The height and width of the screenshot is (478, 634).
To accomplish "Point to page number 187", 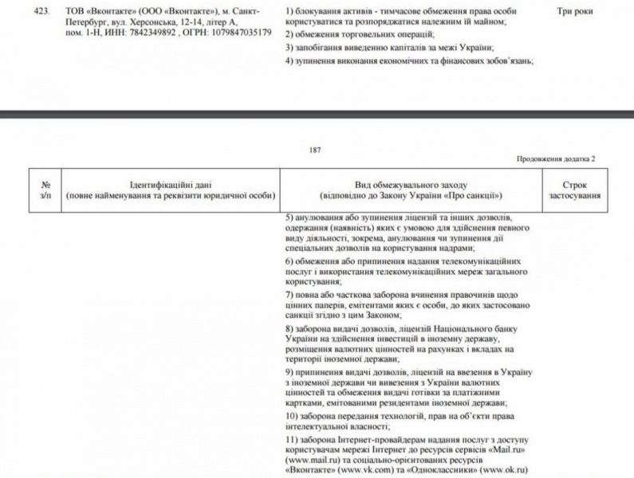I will tap(317, 149).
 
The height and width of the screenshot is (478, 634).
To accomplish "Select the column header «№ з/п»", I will tap(45, 189).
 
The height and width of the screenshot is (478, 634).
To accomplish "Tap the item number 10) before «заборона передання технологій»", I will tap(292, 416).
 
